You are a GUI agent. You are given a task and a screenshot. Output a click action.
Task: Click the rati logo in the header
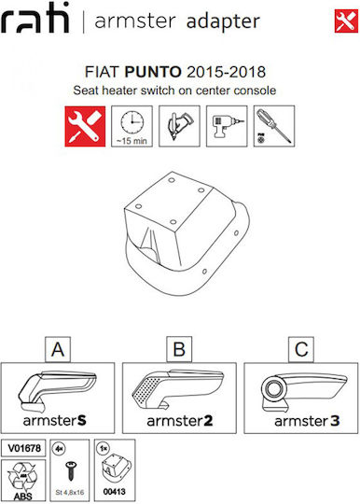click(35, 18)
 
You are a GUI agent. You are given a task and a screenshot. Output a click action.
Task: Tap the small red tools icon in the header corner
click(346, 21)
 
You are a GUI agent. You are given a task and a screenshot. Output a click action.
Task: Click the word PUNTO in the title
click(153, 72)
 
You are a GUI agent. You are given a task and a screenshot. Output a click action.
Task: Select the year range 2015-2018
click(226, 72)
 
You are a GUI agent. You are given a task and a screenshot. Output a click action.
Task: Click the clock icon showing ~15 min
click(132, 126)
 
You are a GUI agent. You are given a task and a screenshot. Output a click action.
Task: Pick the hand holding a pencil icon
click(179, 126)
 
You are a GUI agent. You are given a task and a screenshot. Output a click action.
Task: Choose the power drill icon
click(227, 126)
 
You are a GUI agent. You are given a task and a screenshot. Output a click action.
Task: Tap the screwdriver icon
click(274, 126)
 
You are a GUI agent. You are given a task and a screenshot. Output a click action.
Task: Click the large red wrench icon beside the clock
click(85, 126)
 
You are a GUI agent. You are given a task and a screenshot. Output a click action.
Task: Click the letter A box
click(58, 349)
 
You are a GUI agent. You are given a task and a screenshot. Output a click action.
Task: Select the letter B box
click(179, 349)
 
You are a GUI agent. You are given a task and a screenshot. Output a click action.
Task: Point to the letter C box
click(301, 349)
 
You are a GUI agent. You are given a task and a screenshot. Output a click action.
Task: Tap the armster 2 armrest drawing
click(177, 389)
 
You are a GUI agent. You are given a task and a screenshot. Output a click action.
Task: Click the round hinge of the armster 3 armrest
click(273, 388)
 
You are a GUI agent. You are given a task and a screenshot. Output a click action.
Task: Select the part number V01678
click(23, 448)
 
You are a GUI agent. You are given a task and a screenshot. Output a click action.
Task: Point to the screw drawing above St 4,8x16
click(70, 471)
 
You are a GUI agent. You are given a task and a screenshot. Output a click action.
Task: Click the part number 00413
click(115, 492)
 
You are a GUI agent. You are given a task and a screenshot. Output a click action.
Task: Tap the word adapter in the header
click(223, 21)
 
